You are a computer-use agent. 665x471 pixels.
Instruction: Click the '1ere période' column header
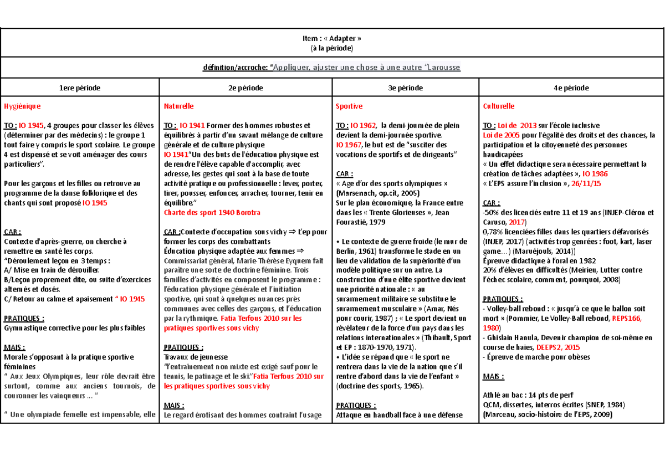point(80,88)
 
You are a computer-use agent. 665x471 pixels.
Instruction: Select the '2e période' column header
point(246,88)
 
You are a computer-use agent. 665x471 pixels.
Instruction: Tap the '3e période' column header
point(405,88)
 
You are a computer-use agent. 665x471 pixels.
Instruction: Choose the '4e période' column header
point(571,88)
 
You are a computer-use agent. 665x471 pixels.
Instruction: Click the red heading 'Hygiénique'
point(22,105)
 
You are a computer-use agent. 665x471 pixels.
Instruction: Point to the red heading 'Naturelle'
point(178,105)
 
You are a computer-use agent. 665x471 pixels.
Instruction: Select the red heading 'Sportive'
point(349,105)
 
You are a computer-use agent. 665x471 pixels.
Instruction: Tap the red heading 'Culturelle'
point(499,105)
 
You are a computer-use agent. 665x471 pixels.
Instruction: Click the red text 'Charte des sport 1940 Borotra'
point(212,212)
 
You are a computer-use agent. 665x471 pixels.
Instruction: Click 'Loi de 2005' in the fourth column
point(501,135)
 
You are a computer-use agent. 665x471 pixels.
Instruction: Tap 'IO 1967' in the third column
point(349,145)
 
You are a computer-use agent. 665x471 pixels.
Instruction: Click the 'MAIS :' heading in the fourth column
point(494,377)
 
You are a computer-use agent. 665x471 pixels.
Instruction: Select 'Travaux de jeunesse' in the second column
point(196,357)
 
